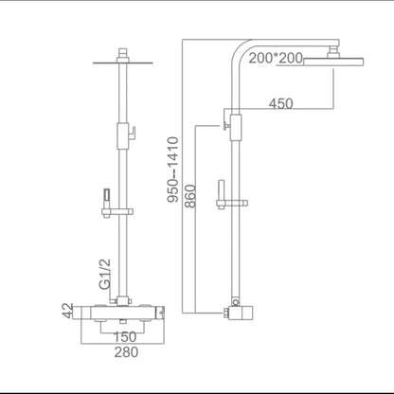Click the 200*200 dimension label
tap(276, 59)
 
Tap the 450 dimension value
tap(281, 103)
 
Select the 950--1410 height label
tap(173, 170)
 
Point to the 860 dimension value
tap(190, 196)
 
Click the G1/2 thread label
tap(105, 274)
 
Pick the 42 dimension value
tap(67, 311)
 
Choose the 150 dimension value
tap(125, 337)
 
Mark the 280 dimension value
tap(126, 352)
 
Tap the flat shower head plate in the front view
tap(123, 63)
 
